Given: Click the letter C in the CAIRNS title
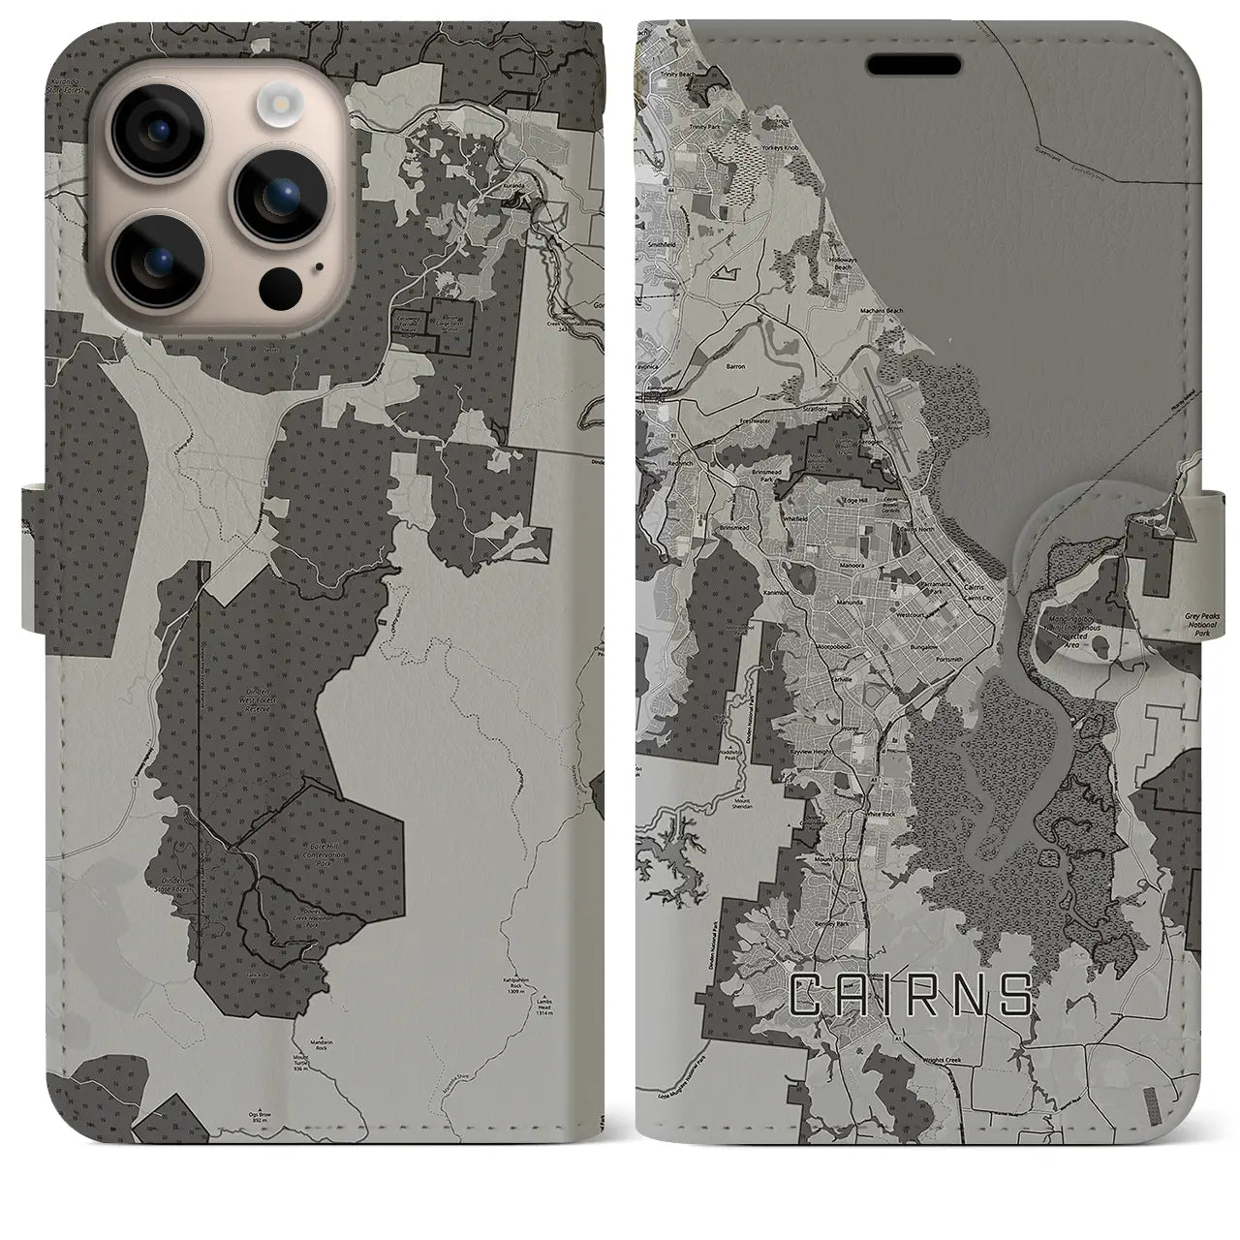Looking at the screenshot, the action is [808, 996].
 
